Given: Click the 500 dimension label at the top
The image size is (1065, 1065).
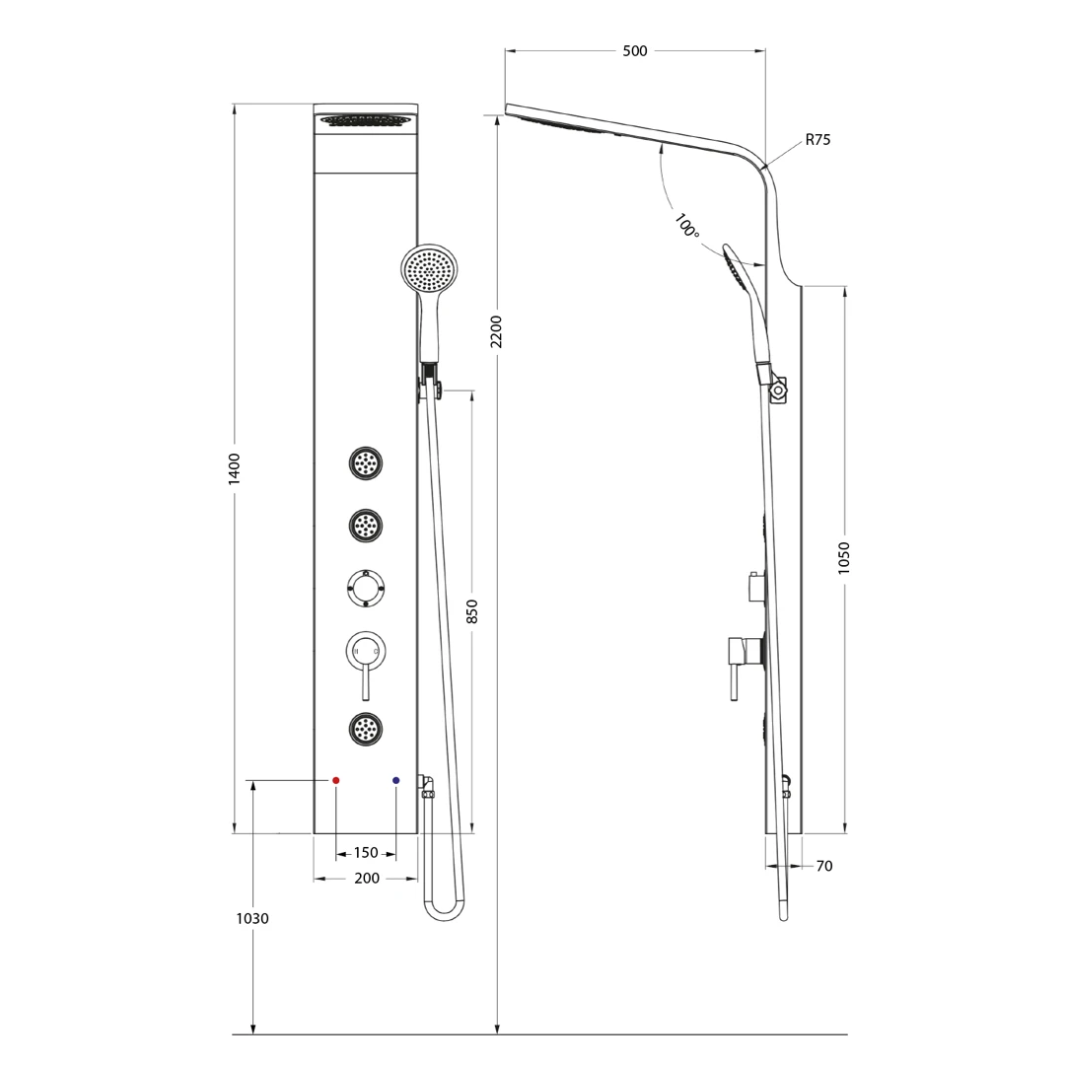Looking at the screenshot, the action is tap(634, 51).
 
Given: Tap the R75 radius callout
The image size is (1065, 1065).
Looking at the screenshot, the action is tap(817, 140).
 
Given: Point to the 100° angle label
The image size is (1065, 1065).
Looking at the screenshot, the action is tap(686, 226).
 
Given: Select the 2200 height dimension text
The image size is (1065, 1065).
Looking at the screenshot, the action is tap(496, 331).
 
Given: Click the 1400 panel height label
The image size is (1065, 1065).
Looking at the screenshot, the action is tap(235, 468).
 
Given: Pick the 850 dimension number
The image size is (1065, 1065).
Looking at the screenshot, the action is tap(472, 611).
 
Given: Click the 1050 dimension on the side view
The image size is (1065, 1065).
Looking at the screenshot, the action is tap(843, 557).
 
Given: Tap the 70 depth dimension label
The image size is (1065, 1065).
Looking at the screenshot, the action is tap(823, 866).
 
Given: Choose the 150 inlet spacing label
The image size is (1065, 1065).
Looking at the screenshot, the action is tap(366, 852).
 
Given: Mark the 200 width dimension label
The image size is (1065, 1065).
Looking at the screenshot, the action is tap(367, 879).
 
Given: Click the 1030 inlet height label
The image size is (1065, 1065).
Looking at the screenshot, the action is tap(252, 919).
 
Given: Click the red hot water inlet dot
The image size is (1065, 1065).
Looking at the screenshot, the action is tap(335, 780).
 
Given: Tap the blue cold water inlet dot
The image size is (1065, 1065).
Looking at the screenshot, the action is tap(396, 780).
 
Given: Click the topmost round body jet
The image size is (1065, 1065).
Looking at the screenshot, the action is tap(366, 463).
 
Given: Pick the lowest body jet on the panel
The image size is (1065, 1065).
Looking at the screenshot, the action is tap(366, 729).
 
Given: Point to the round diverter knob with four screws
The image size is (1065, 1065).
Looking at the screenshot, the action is tap(366, 588).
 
